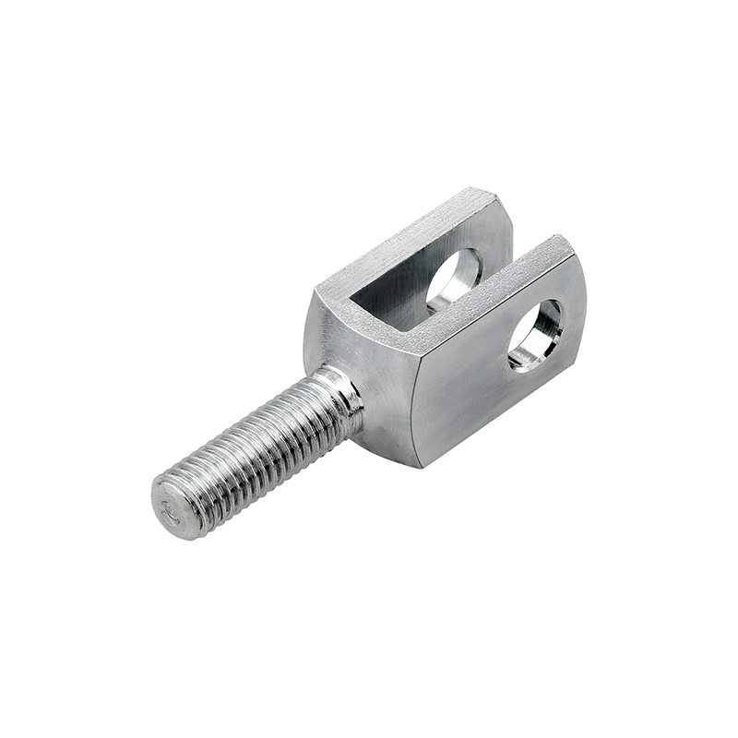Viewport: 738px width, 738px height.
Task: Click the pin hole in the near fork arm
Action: pyautogui.click(x=535, y=335)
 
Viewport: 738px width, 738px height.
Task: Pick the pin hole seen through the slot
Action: pyautogui.click(x=454, y=280)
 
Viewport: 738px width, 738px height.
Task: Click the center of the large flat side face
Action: pyautogui.click(x=489, y=387)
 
